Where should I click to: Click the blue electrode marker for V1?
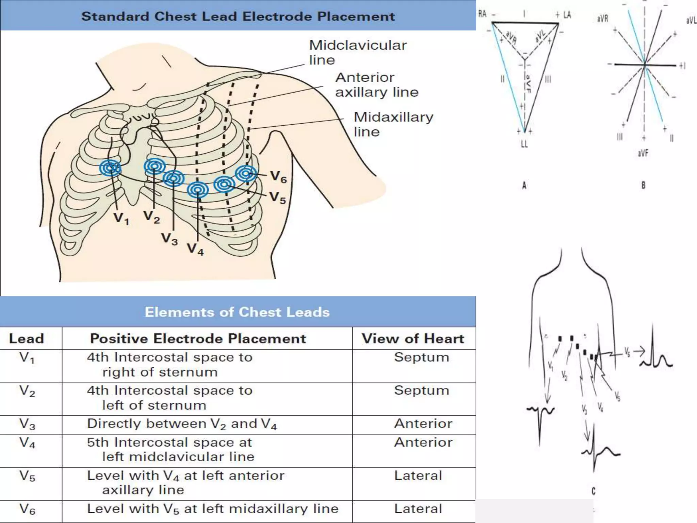tap(110, 168)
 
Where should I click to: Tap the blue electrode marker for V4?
tap(198, 189)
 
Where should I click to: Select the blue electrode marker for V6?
tap(246, 173)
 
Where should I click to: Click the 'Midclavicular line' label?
tap(357, 52)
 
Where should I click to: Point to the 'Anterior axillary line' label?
tap(377, 84)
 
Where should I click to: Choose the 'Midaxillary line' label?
tap(393, 124)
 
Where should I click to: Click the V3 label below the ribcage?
tap(169, 239)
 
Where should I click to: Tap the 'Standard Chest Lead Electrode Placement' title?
tap(238, 16)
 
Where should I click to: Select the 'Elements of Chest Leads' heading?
tap(237, 312)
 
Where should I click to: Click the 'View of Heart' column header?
tap(413, 338)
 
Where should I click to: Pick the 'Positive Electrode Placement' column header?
tap(198, 338)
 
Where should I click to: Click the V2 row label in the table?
tap(27, 392)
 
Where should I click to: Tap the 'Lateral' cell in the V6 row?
tap(418, 509)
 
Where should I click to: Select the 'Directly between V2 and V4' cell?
tap(182, 424)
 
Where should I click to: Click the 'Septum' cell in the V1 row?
tap(422, 357)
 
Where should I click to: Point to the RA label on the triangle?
tap(483, 14)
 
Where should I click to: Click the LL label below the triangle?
tap(524, 144)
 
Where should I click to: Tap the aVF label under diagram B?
tap(643, 153)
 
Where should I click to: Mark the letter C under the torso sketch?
tap(594, 491)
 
